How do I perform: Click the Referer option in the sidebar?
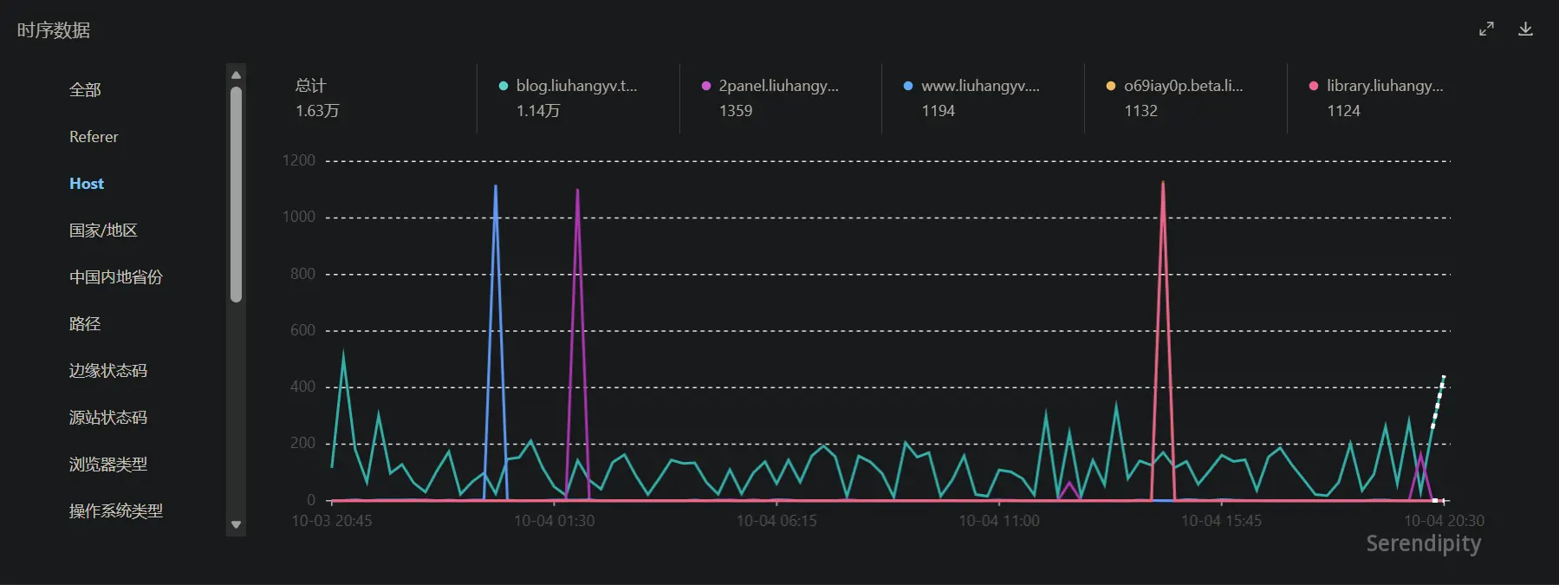coord(94,137)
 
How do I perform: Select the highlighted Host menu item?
coord(87,184)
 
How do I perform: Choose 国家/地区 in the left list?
coord(103,231)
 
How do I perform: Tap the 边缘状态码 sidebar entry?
coord(108,371)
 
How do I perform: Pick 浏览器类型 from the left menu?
coord(108,465)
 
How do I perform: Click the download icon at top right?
coord(1525,29)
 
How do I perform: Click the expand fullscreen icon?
coord(1486,29)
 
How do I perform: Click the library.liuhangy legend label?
coord(1385,86)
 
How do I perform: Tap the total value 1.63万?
coord(317,111)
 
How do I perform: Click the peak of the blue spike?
coord(496,185)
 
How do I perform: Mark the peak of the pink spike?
coord(1163,182)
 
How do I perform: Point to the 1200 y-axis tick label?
coord(299,160)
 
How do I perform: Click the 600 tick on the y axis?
coord(302,330)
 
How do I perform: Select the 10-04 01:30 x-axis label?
coord(555,521)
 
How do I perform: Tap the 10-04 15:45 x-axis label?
coord(1221,521)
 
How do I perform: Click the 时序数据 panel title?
coord(54,30)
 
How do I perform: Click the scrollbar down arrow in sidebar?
coord(236,525)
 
